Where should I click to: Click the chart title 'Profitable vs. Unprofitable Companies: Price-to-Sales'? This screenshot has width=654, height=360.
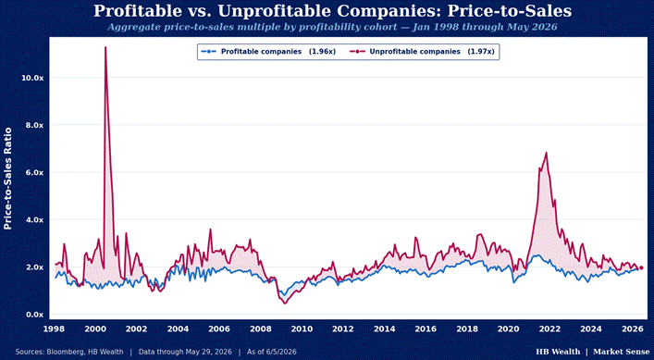point(332,11)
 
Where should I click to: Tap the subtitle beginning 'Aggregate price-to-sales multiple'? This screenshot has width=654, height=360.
point(332,27)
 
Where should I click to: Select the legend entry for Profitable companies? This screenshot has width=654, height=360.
point(268,52)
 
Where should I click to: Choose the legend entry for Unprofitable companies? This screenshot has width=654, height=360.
point(422,52)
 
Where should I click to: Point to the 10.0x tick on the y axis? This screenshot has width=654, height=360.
point(32,78)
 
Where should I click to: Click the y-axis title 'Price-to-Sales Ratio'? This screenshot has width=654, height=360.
point(7,179)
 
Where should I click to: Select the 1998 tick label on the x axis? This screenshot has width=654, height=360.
point(54,329)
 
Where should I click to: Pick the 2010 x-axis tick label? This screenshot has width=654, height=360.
point(302,329)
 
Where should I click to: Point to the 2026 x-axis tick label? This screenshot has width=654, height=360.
point(633,329)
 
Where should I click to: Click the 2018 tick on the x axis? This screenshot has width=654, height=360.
point(467,329)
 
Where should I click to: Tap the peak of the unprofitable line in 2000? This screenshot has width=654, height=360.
point(105,47)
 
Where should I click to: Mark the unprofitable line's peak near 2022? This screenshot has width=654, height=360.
point(546,153)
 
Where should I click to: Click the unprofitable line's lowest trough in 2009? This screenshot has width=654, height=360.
point(285,304)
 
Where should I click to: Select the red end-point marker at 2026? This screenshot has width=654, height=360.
point(641,267)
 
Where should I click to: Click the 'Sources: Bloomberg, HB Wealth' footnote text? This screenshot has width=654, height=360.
point(69,352)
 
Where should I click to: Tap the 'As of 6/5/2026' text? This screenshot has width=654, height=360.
point(272,352)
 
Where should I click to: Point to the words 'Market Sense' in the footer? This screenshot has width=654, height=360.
point(621,352)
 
